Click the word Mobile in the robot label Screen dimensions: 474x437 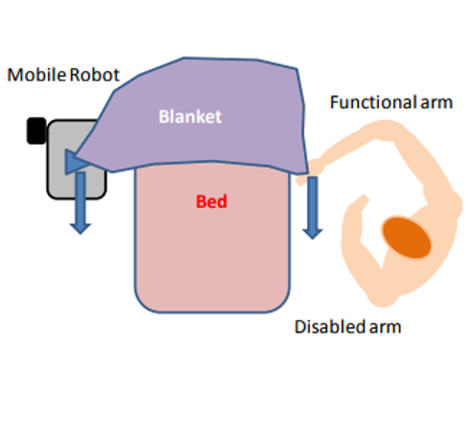[x=36, y=75]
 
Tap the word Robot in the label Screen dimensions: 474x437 [x=94, y=75]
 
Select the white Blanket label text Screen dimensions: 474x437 [x=190, y=117]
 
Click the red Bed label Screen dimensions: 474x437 [x=211, y=201]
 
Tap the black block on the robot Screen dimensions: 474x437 [x=36, y=130]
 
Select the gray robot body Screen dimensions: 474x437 [x=76, y=160]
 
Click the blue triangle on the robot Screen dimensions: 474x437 [x=74, y=162]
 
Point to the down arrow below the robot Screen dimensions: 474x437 [x=81, y=203]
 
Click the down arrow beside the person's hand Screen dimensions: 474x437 [x=313, y=208]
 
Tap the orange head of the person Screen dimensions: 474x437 [x=407, y=238]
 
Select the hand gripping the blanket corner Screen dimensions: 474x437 [x=312, y=171]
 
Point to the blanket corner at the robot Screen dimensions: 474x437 [x=77, y=157]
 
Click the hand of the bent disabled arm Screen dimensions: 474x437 [x=362, y=201]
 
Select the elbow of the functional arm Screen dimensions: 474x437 [x=384, y=129]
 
